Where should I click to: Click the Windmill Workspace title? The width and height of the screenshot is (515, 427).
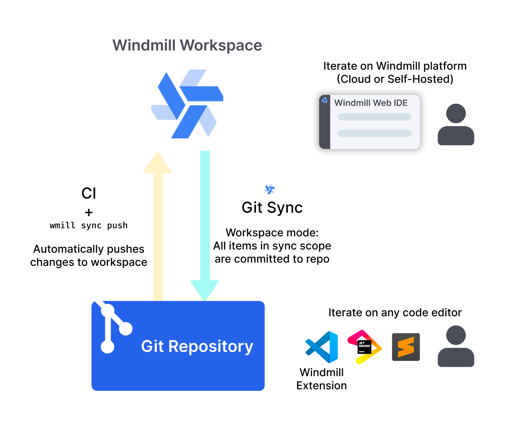(x=187, y=46)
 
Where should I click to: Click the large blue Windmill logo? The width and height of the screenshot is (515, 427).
(x=187, y=104)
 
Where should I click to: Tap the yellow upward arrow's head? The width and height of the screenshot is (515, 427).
(x=157, y=164)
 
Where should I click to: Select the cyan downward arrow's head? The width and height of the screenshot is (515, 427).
(x=205, y=289)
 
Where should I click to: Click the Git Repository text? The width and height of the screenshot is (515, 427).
(x=197, y=346)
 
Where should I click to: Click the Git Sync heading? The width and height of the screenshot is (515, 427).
(x=272, y=208)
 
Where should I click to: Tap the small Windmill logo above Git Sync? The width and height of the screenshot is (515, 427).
(x=270, y=189)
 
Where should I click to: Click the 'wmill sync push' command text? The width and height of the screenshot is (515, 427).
(x=89, y=225)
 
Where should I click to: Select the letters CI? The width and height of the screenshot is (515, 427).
(x=89, y=193)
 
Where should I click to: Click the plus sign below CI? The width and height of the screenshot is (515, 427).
(x=89, y=212)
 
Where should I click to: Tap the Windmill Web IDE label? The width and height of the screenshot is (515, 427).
(x=371, y=103)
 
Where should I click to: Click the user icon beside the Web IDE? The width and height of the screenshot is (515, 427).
(x=456, y=125)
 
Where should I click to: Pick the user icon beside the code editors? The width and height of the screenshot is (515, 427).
(x=456, y=346)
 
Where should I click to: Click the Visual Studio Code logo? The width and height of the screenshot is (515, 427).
(x=322, y=347)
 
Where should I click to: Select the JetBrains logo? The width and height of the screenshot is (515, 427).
(x=364, y=346)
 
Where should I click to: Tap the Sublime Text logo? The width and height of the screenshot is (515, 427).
(x=406, y=347)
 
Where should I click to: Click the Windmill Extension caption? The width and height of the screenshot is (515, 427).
(x=321, y=379)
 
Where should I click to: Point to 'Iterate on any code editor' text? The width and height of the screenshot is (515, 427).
(x=395, y=312)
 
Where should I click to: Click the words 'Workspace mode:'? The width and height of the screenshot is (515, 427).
(x=272, y=233)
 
